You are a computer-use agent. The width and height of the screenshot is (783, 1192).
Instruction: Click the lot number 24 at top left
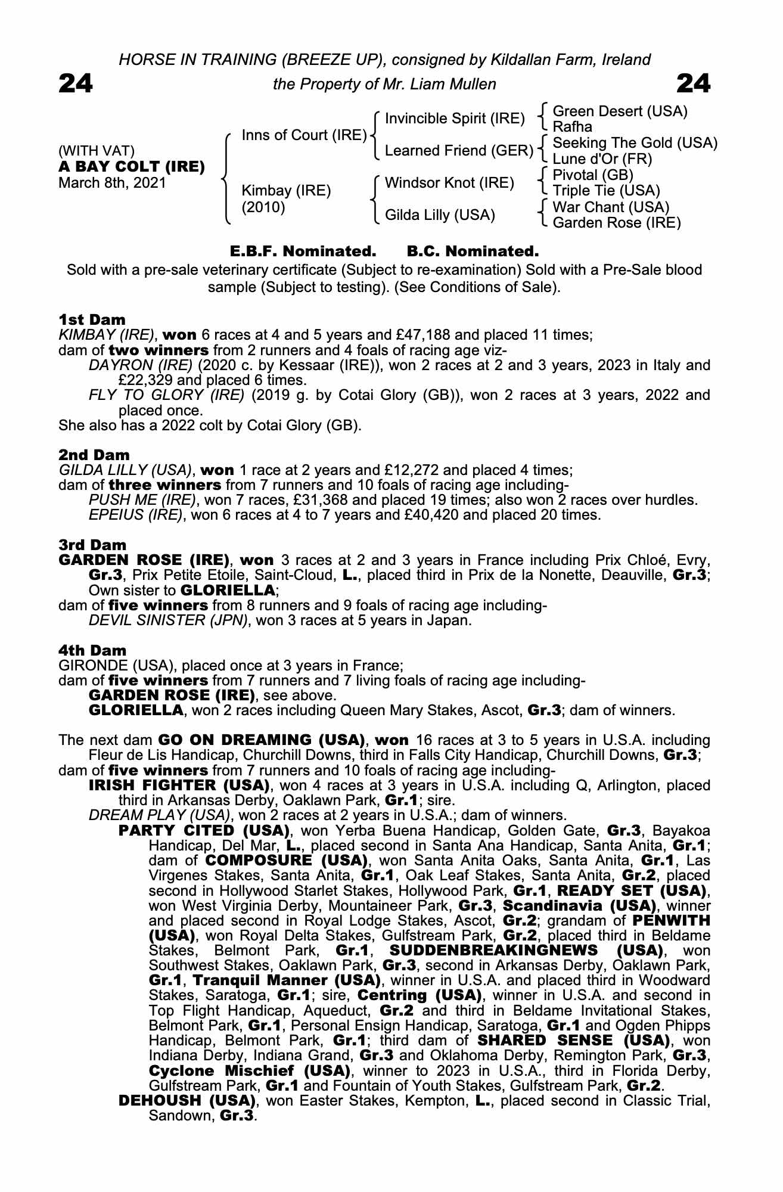click(x=76, y=84)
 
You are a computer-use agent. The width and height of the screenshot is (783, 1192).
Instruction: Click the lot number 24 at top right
click(x=694, y=84)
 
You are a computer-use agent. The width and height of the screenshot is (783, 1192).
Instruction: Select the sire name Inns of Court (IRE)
click(x=304, y=135)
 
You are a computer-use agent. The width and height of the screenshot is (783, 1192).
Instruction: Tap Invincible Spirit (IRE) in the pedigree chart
click(x=455, y=119)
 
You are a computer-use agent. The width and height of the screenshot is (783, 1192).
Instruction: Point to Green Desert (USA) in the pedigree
click(x=620, y=111)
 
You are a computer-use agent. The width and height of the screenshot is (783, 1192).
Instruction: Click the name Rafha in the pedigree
click(x=572, y=127)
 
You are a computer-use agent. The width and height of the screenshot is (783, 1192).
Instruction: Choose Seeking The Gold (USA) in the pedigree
click(x=635, y=143)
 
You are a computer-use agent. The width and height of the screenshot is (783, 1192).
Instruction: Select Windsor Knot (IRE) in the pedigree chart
click(x=449, y=182)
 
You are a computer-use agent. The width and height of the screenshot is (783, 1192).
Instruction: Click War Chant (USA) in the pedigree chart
click(x=611, y=207)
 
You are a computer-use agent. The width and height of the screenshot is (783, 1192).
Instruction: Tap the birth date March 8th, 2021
click(x=112, y=182)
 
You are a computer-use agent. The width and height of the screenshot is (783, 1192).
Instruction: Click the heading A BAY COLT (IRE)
click(x=132, y=166)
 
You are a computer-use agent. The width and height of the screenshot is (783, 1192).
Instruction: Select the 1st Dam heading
click(x=92, y=319)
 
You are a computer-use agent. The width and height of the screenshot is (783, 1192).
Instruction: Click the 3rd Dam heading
click(x=92, y=545)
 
